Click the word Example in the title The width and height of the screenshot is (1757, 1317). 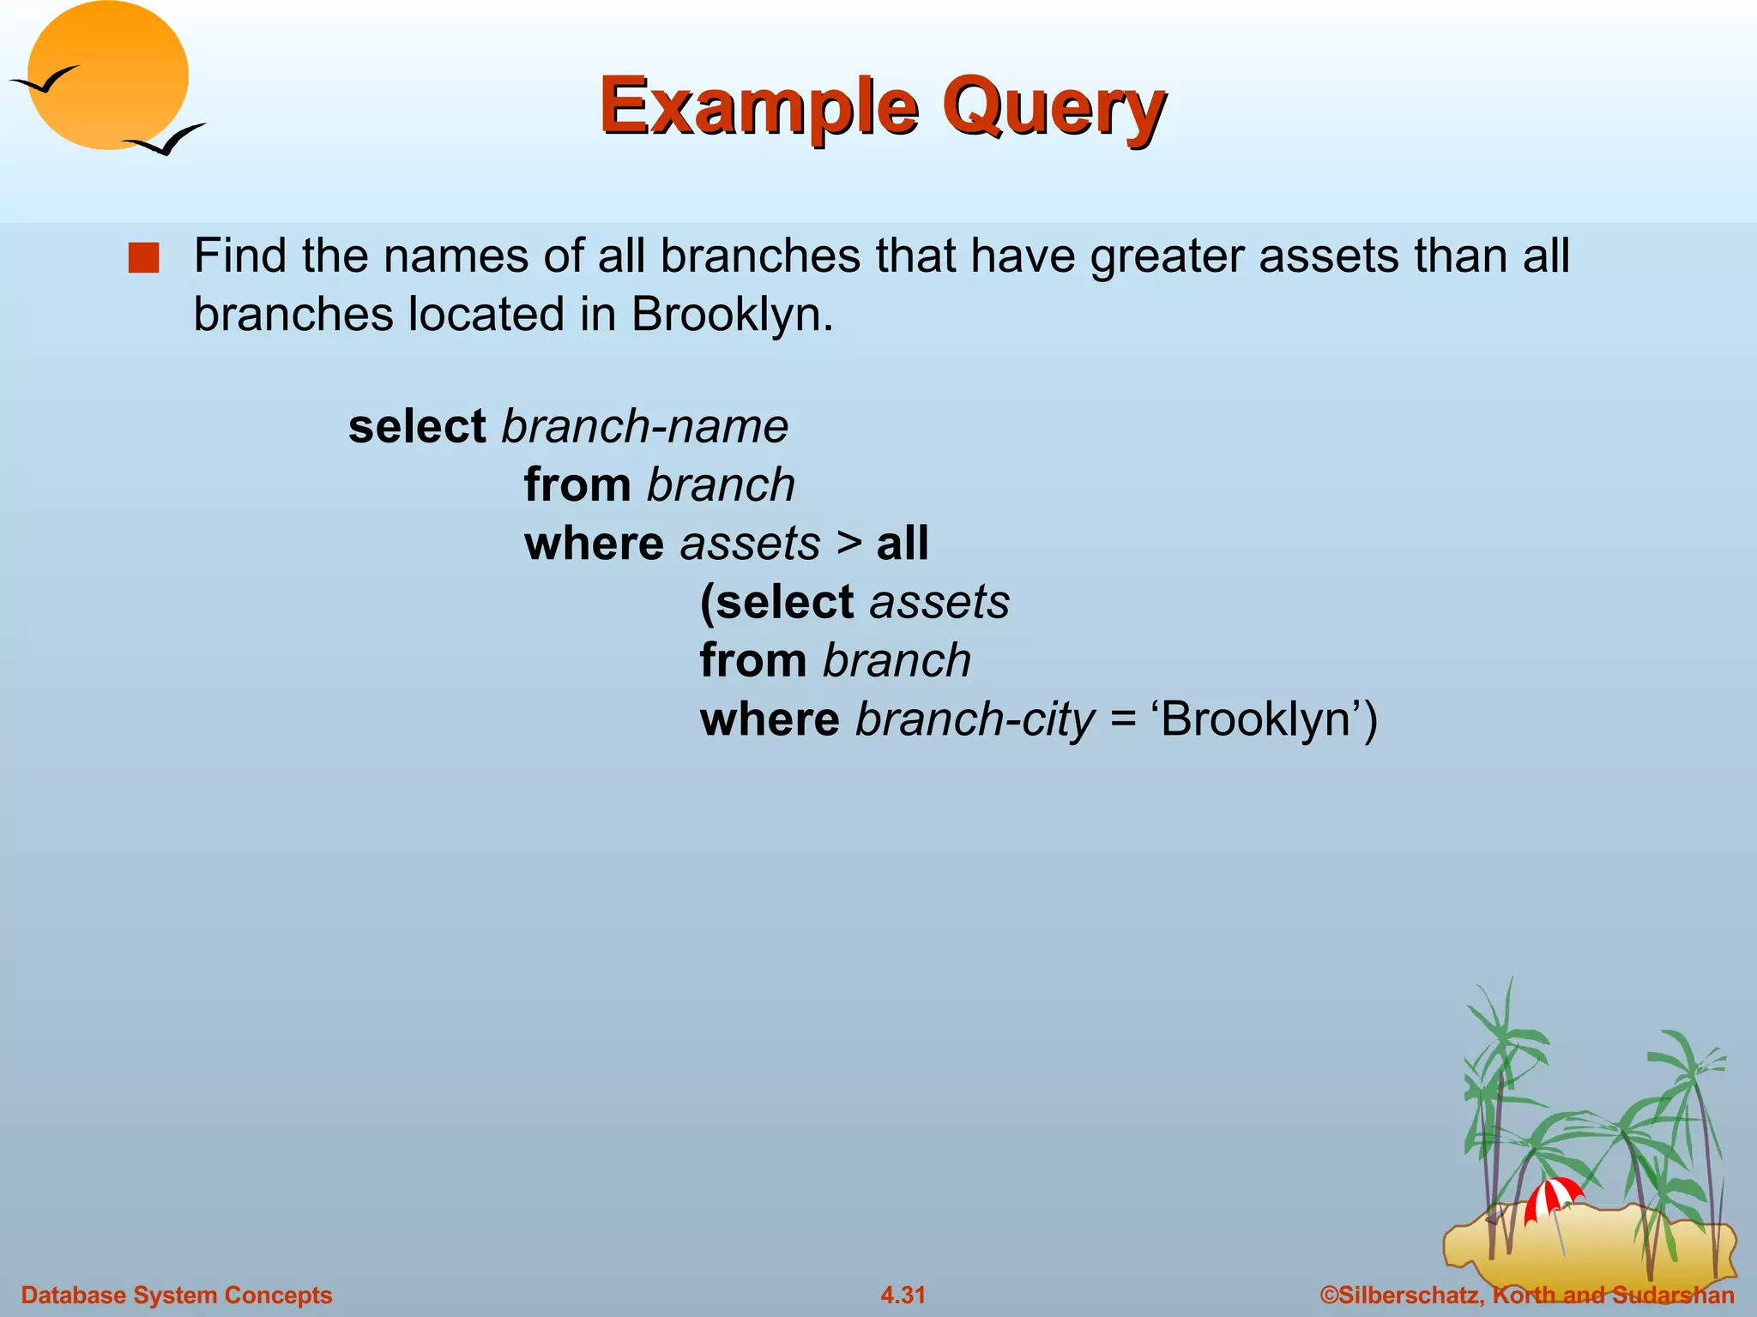point(759,106)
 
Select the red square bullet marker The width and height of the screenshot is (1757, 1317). point(144,258)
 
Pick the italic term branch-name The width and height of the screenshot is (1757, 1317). point(644,426)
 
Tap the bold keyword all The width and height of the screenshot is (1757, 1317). point(903,544)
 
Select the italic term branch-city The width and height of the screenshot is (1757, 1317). point(975,719)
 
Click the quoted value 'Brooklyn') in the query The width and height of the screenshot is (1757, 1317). point(1268,719)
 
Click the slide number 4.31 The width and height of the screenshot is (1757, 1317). point(903,1295)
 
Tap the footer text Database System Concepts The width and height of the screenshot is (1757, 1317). point(177,1295)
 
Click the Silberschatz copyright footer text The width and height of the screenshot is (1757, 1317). point(1526,1295)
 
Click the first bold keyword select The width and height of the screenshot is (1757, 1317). point(417,426)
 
